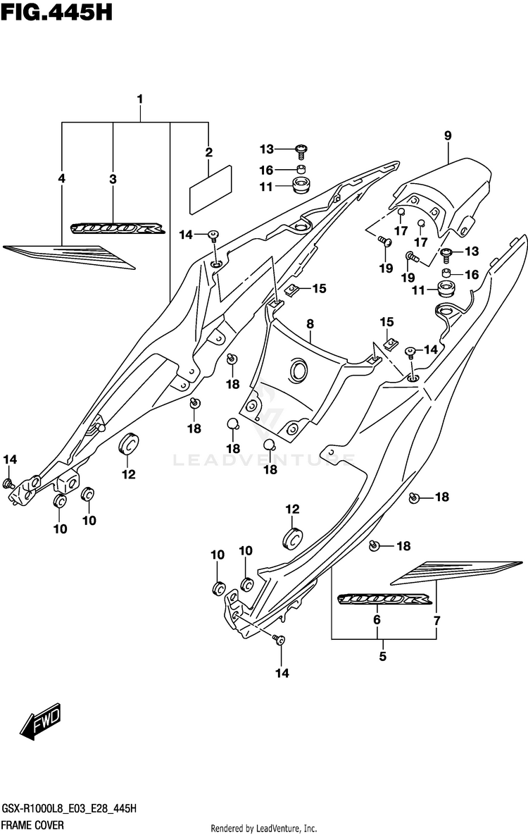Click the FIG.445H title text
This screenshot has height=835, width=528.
(57, 13)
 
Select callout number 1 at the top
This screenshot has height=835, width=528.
(140, 99)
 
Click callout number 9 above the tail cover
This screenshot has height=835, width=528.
(448, 135)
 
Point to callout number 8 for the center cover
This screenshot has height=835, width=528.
(310, 323)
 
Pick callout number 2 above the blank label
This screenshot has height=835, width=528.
(208, 152)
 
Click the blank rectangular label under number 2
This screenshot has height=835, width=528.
(210, 189)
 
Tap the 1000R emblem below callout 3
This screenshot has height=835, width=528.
(118, 229)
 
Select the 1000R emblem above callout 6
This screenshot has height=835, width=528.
(385, 600)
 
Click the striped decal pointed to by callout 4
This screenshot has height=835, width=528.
(69, 256)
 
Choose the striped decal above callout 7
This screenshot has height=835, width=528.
(455, 571)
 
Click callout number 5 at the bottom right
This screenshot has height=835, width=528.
(383, 657)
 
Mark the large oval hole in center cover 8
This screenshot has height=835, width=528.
(298, 370)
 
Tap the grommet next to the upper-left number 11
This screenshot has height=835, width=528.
(301, 187)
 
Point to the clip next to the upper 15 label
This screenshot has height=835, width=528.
(291, 290)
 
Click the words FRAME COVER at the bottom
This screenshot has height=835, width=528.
(33, 825)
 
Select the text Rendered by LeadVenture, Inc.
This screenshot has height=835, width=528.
(264, 828)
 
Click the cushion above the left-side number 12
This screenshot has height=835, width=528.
(128, 444)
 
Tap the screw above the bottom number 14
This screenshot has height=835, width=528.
(278, 639)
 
